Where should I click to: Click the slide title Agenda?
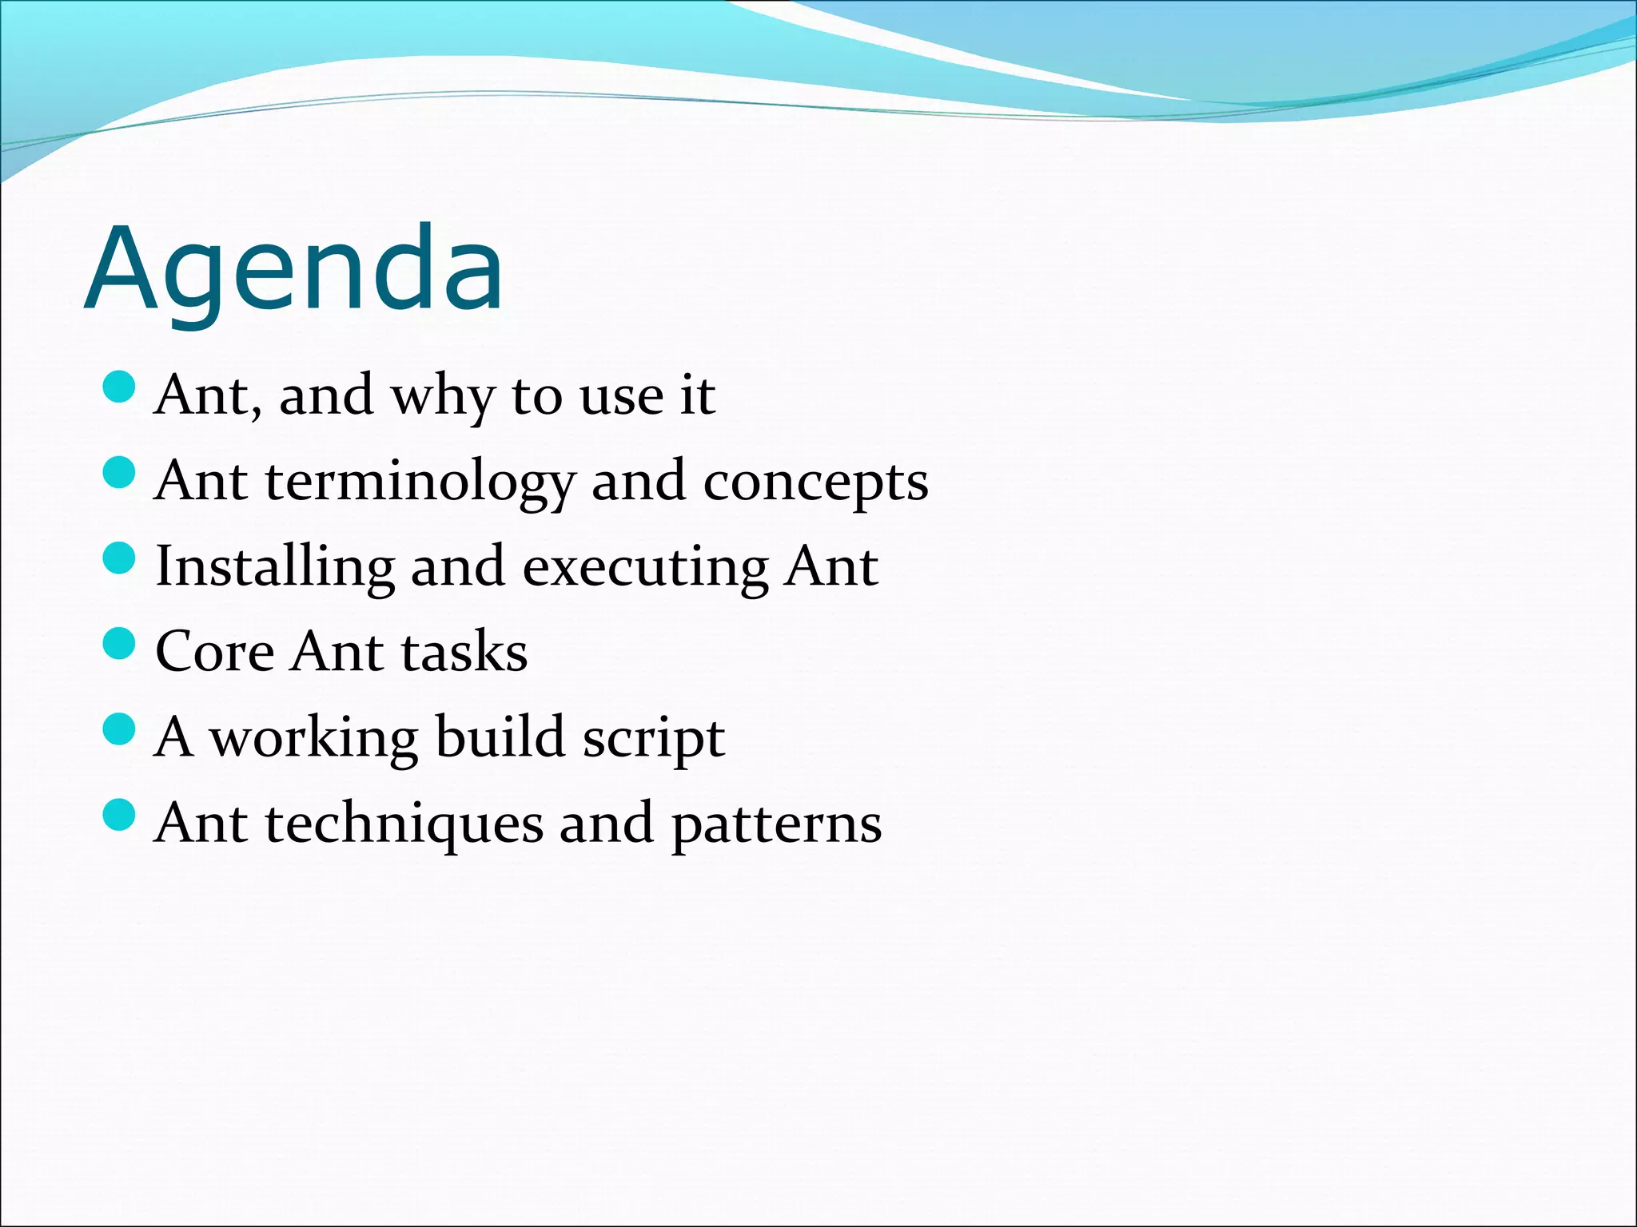(294, 270)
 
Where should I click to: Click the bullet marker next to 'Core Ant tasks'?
(120, 643)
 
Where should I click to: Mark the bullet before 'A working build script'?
(120, 729)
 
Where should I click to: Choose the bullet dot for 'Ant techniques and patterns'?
(120, 814)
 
